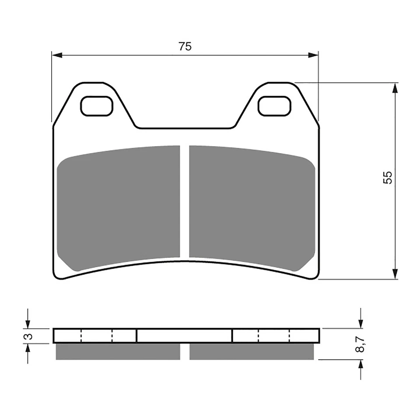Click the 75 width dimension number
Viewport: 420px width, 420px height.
tap(185, 46)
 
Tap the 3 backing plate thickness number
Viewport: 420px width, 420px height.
tap(28, 336)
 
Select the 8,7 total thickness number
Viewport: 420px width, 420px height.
tap(360, 343)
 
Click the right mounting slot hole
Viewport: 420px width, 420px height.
tap(274, 106)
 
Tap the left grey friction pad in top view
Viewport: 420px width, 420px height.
tap(118, 208)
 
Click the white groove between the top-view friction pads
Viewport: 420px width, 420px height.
tap(185, 201)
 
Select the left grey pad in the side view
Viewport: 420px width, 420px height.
tap(118, 351)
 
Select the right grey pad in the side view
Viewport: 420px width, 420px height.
tap(252, 351)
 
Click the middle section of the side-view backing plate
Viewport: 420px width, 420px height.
tap(184, 336)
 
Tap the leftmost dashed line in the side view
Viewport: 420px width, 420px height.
tap(81, 336)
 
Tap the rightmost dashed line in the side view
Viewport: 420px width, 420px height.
tap(290, 336)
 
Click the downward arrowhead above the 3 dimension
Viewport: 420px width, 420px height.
tap(28, 324)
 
